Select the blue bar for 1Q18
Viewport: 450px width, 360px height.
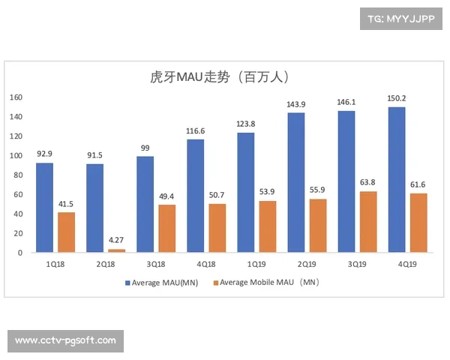click(x=45, y=208)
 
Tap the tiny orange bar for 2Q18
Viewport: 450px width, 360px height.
click(x=116, y=250)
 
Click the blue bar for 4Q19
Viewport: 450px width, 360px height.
click(x=397, y=180)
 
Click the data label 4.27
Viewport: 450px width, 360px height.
click(x=117, y=240)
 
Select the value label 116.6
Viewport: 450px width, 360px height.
click(x=195, y=130)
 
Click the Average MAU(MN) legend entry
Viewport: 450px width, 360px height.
click(x=160, y=283)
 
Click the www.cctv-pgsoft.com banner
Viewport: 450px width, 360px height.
click(x=66, y=340)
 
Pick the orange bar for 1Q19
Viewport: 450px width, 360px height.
click(x=267, y=226)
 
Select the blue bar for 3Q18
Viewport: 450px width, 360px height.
click(x=145, y=205)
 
